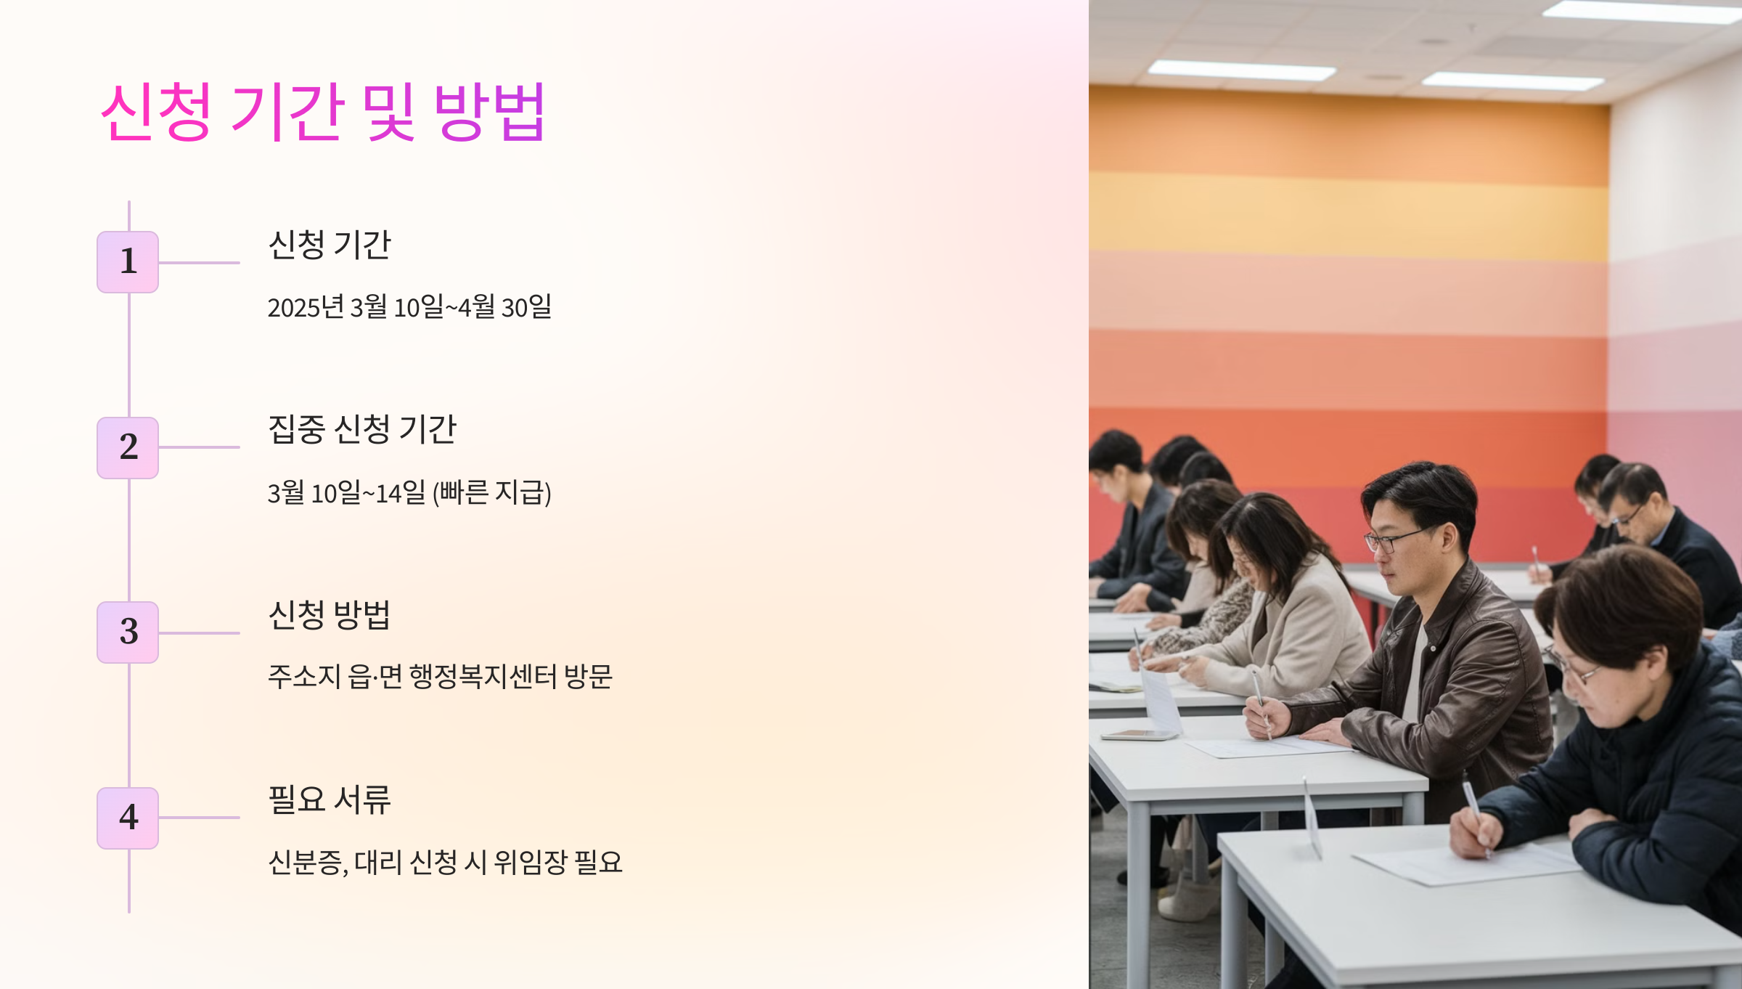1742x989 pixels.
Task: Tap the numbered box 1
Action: click(x=128, y=262)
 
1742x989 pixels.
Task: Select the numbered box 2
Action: click(x=128, y=447)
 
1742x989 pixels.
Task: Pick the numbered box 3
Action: click(x=128, y=632)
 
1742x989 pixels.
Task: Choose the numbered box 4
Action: click(x=128, y=818)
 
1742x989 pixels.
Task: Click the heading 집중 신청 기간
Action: click(x=361, y=429)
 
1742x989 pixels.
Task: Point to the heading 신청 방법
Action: click(x=329, y=615)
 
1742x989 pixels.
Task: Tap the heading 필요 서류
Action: click(x=329, y=800)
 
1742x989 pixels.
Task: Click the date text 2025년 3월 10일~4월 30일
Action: click(x=409, y=307)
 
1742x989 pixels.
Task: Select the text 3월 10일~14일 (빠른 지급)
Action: click(x=409, y=493)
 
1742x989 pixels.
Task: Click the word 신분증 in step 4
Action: click(x=305, y=863)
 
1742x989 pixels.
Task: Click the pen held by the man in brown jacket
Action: click(x=1261, y=701)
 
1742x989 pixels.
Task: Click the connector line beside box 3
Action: click(x=199, y=633)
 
